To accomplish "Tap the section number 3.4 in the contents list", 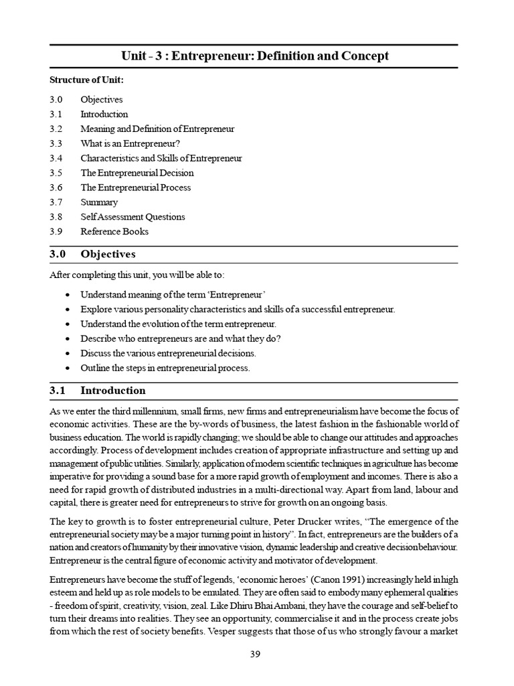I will (x=56, y=159).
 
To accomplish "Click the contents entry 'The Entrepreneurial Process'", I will (x=135, y=188).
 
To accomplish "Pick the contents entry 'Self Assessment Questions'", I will (x=133, y=217).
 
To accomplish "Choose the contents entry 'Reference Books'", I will (x=114, y=232).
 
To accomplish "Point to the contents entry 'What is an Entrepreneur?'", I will (x=131, y=144).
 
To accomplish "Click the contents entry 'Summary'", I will (x=99, y=202).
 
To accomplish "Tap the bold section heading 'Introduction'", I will (x=112, y=391).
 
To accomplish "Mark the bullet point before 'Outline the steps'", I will (x=70, y=368).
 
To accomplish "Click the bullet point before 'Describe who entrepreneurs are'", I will (x=70, y=339).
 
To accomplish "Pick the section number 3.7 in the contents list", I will (x=56, y=202).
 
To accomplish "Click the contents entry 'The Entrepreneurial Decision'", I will (x=137, y=174).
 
